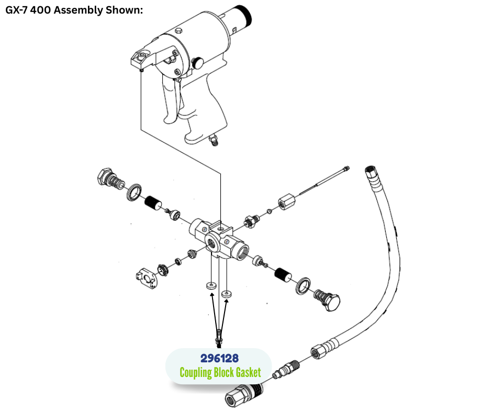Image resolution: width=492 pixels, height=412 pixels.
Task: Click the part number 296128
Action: (x=219, y=359)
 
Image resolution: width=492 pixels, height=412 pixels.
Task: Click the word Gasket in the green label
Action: (x=244, y=373)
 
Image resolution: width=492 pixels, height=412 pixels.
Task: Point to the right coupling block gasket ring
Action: (x=226, y=294)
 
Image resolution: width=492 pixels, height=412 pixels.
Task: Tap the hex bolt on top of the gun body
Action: (x=178, y=32)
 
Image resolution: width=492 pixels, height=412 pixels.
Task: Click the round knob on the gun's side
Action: (x=198, y=63)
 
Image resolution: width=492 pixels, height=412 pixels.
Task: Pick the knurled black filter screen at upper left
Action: (x=153, y=202)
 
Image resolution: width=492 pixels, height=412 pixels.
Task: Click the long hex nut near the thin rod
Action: (x=286, y=202)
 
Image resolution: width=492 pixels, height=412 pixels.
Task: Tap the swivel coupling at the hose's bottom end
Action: (x=242, y=392)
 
